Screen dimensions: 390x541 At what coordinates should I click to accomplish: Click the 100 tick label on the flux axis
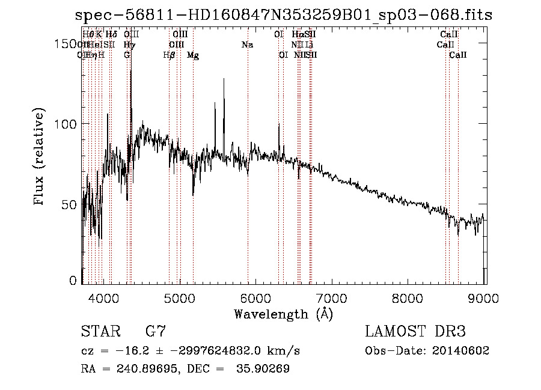(64, 124)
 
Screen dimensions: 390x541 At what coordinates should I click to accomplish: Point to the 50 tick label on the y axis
(69, 204)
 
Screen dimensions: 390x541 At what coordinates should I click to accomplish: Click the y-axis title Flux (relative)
(40, 157)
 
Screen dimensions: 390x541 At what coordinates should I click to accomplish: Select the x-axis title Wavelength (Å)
(283, 314)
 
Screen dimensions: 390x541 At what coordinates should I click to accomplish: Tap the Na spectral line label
(247, 45)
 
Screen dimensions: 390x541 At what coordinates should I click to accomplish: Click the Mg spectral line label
(193, 55)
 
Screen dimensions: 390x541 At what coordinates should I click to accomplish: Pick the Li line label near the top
(308, 45)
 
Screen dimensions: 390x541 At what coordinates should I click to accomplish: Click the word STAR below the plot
(100, 332)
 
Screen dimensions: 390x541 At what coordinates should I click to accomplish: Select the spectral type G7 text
(156, 332)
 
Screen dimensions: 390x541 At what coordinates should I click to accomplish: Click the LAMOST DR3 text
(415, 332)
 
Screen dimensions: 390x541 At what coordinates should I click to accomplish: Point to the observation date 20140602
(463, 351)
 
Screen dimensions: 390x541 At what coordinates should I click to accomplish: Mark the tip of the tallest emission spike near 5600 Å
(224, 78)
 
